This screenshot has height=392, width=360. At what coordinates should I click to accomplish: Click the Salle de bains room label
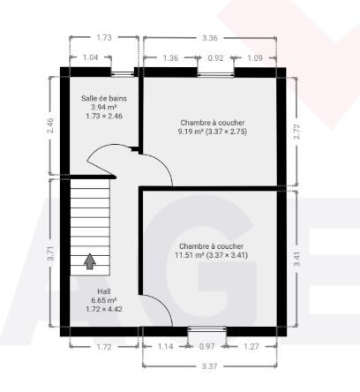[x=104, y=98]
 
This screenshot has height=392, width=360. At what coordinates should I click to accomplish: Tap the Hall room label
[x=104, y=291]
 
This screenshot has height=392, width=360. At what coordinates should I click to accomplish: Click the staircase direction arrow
[x=90, y=261]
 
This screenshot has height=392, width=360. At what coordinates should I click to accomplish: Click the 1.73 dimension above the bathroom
[x=104, y=37]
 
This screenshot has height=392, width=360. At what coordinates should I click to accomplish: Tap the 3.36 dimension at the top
[x=209, y=38]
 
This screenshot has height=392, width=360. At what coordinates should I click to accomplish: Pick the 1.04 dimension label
[x=90, y=57]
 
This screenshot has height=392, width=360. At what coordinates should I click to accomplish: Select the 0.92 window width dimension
[x=215, y=58]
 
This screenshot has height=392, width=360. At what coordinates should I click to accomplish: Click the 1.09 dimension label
[x=255, y=58]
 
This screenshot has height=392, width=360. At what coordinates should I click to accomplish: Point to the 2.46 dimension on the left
[x=50, y=125]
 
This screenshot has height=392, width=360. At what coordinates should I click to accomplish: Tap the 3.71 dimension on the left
[x=50, y=253]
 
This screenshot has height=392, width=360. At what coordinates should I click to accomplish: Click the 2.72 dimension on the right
[x=297, y=132]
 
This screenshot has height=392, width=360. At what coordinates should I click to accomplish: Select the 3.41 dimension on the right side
[x=297, y=260]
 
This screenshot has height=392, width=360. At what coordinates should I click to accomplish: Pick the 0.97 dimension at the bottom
[x=207, y=346]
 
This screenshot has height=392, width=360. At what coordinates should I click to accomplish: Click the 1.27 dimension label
[x=251, y=346]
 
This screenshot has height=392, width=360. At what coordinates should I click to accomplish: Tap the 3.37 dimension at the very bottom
[x=209, y=366]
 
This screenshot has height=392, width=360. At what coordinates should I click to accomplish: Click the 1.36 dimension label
[x=170, y=58]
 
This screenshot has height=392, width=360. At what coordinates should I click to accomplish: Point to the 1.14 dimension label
[x=165, y=346]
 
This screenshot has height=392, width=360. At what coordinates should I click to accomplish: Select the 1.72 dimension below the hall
[x=104, y=347]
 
